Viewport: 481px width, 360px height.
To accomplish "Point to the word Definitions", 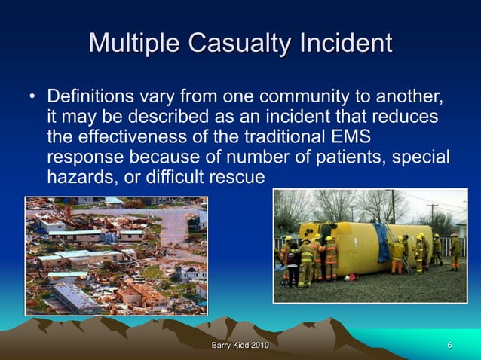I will (93, 99).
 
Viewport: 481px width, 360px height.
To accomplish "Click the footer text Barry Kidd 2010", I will (240, 346).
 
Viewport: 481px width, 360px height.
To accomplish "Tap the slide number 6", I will (449, 346).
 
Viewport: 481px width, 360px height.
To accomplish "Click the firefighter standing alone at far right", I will (455, 252).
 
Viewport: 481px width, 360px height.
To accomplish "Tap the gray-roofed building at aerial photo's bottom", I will (75, 298).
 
